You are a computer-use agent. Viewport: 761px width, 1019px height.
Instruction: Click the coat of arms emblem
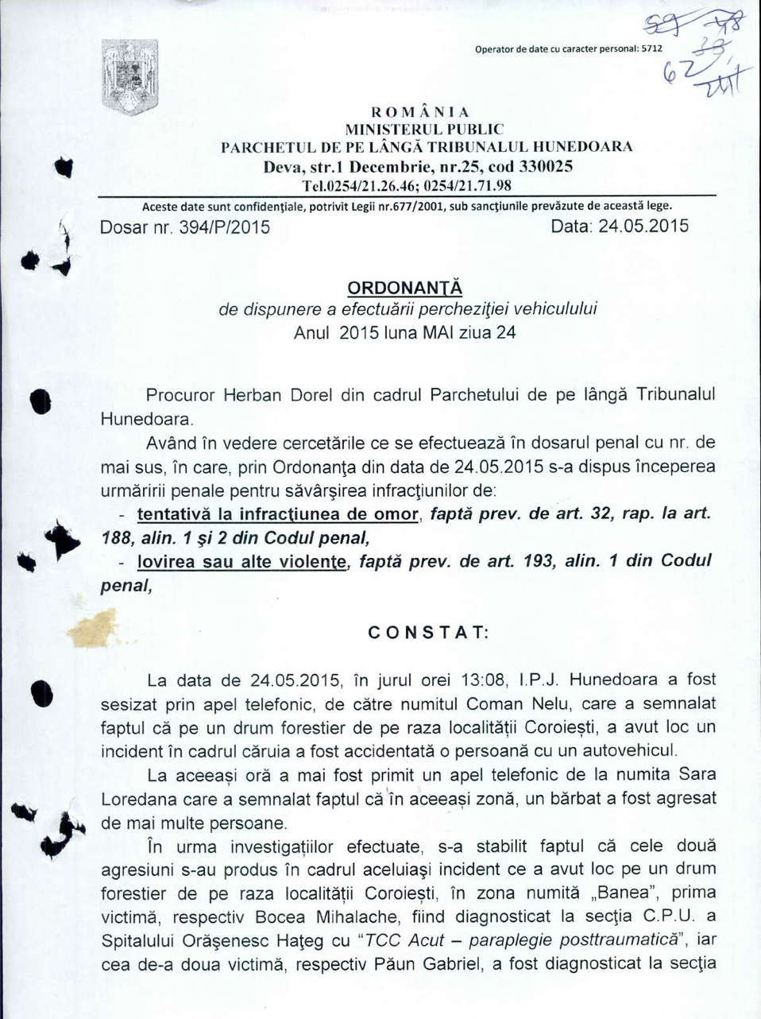point(131,76)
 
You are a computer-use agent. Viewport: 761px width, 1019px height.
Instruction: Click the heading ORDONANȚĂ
point(406,286)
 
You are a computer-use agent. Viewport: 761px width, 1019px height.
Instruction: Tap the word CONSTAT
point(428,633)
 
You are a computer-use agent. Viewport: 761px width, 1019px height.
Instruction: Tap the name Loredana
point(137,799)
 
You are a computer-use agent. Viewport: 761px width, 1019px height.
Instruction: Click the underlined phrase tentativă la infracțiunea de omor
point(277,514)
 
